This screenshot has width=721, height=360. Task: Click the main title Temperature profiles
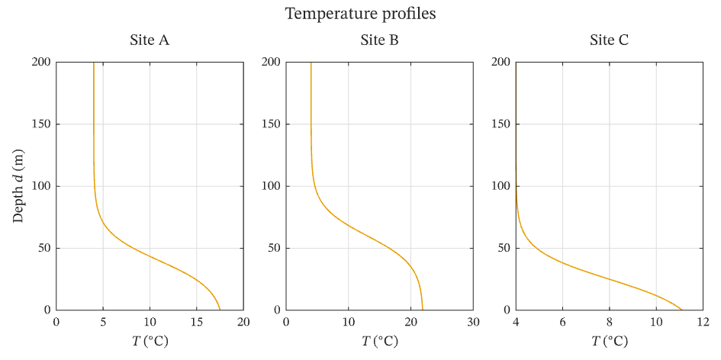pos(360,14)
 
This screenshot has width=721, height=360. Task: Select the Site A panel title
pos(150,40)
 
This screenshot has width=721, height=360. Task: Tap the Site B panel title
pos(379,40)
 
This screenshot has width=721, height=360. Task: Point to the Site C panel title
pos(610,40)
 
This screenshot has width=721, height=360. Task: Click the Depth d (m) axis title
pos(18,186)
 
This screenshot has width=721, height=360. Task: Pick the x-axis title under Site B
pos(379,341)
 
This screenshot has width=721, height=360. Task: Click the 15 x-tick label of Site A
pos(196,322)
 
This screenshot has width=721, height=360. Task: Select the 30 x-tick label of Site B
pos(473,322)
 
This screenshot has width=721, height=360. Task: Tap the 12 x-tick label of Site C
pos(703,322)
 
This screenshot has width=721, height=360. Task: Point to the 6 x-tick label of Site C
pos(562,322)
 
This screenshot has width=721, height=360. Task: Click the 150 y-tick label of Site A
pos(41,124)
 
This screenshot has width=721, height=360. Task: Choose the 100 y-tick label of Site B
pos(272,186)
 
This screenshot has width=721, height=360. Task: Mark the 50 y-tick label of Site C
pos(504,249)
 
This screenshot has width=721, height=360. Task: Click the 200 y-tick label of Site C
pos(501,62)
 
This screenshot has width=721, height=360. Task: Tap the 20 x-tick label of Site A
pos(243,322)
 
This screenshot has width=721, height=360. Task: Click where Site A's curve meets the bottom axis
pos(220,310)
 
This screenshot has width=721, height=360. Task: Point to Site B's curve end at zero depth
pos(422,310)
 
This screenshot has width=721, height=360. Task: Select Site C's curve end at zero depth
pos(682,310)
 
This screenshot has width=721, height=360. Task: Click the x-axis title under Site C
pos(610,341)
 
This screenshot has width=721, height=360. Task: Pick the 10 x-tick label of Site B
pos(348,322)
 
